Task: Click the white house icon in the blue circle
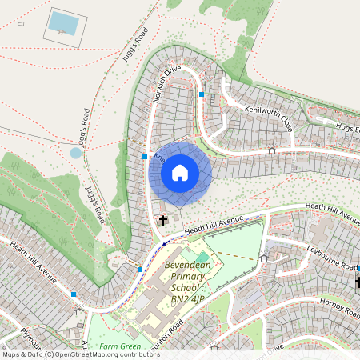[180, 172]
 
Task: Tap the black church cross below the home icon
[163, 219]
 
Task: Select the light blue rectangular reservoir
[63, 23]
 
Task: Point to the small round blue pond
[77, 152]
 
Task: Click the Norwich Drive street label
[170, 81]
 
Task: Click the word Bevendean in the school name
[191, 262]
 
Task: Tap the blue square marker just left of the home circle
[145, 157]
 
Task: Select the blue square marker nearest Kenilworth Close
[202, 94]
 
